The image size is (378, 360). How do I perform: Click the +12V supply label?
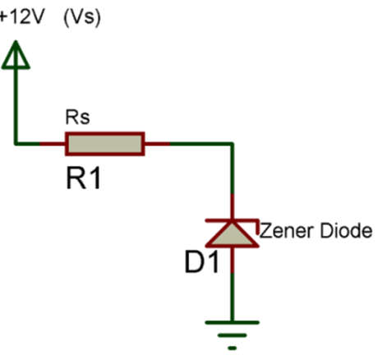point(21,17)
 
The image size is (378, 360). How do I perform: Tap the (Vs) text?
point(82,17)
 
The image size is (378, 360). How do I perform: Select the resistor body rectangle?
point(105,144)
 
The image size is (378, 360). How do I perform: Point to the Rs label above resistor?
point(77,118)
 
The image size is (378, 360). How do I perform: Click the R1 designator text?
point(83,178)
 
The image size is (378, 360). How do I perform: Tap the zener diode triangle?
point(232,234)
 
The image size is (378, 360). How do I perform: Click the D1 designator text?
point(202,262)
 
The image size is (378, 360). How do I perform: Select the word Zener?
point(287,231)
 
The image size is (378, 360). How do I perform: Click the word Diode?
point(346,230)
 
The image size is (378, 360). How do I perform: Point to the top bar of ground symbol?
point(232,322)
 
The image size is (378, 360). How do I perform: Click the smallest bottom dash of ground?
point(232,348)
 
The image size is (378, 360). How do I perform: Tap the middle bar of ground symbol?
point(232,335)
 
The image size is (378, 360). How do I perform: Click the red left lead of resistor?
point(53,144)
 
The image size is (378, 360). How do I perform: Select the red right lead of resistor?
point(157,144)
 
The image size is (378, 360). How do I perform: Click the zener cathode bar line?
point(232,220)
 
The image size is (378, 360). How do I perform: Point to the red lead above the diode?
point(232,206)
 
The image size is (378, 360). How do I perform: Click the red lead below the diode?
point(232,261)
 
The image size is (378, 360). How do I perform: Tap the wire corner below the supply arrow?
point(16,144)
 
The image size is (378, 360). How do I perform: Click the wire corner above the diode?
point(232,144)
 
